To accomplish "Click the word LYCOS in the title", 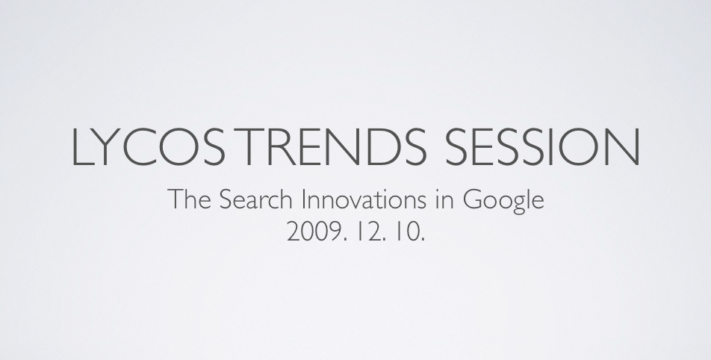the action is (x=149, y=146).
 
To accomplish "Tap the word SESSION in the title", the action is (x=542, y=146).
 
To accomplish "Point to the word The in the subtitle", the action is (x=190, y=199).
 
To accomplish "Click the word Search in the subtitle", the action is (x=255, y=199).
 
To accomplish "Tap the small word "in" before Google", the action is (x=445, y=199).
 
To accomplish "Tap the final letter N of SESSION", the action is (x=624, y=146).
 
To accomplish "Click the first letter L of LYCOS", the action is (x=84, y=146).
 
